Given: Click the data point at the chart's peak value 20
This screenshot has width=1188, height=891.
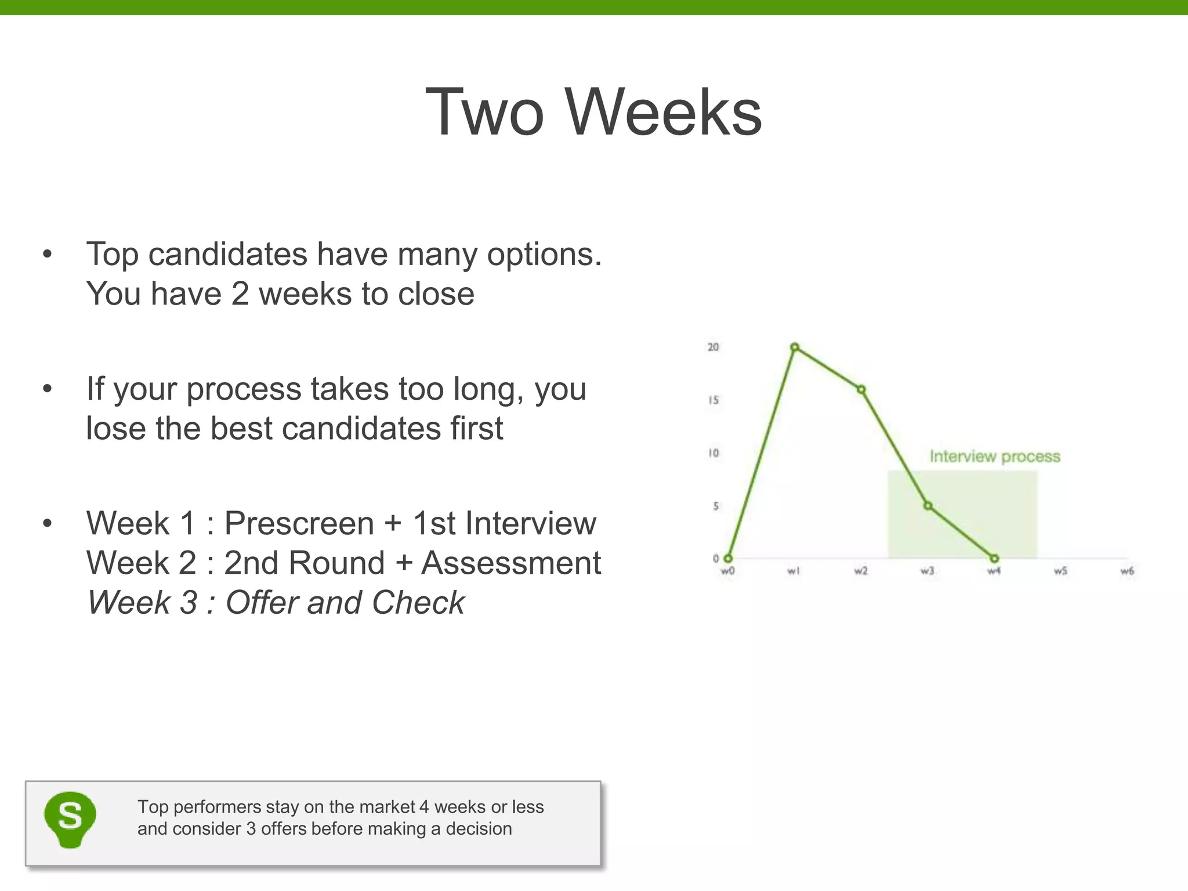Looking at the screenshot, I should (795, 347).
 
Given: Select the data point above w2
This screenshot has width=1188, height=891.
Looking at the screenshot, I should (861, 390).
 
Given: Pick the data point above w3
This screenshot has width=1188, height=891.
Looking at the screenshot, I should (928, 506).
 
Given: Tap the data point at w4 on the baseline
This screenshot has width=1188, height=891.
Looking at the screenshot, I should (994, 559).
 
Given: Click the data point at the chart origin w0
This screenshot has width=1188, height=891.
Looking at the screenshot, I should (728, 559).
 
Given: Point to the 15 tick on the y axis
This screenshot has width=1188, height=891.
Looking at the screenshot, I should (713, 400).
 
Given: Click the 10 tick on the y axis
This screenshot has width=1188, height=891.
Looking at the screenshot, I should (713, 453).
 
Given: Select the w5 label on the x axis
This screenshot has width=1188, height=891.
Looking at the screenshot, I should (1060, 571).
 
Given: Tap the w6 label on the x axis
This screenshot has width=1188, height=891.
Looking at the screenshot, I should (1127, 571).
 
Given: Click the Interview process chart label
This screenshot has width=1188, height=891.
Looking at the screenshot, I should (995, 457).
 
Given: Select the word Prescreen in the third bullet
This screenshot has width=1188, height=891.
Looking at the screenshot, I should (299, 523).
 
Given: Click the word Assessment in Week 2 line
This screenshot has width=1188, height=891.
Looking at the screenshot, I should (511, 563).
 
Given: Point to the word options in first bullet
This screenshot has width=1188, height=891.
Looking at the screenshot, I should (544, 254).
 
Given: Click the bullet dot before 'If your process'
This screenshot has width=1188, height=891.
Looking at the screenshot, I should (48, 389).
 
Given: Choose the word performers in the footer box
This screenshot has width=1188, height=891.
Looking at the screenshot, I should (218, 807).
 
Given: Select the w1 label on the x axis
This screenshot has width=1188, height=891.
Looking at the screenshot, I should (794, 571).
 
